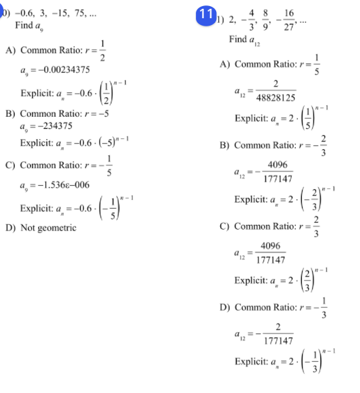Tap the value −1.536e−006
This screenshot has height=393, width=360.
(51, 185)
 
